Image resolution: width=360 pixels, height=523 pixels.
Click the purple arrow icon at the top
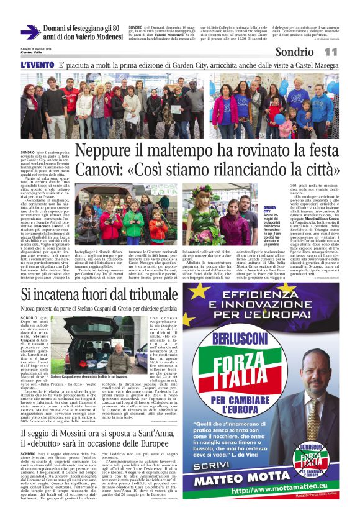(x=30, y=32)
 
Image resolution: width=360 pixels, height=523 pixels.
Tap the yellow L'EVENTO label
(x=37, y=65)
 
